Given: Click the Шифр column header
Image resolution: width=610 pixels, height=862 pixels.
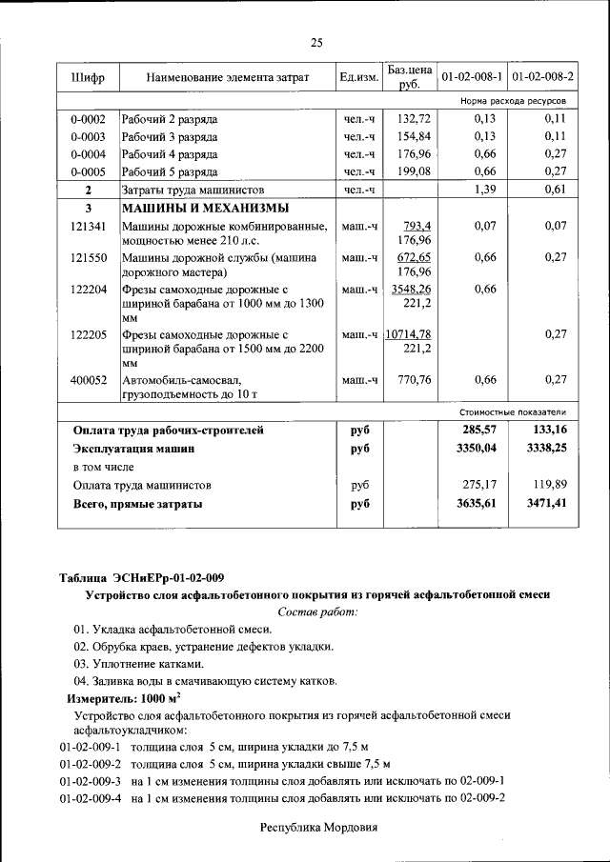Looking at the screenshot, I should coord(88,76).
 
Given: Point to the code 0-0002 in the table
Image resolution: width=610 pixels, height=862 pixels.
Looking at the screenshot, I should coord(88,119).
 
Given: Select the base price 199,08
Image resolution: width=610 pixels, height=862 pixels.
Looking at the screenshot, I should coord(415,171).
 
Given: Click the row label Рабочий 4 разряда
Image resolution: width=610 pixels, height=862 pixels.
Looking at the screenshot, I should coord(170,154).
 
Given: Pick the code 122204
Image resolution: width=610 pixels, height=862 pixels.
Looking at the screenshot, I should coord(88,289).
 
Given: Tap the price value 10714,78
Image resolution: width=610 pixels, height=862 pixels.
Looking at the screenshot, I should coord(409,334).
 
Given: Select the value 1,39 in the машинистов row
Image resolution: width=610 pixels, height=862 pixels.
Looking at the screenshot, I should coord(485,190).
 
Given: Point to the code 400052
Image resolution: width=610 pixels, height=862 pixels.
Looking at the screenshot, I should coord(88,380).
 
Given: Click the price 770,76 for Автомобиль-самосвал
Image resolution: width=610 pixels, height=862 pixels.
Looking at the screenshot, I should coord(415,380).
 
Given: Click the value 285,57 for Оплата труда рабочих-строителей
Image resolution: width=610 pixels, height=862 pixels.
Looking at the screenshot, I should coord(480,430).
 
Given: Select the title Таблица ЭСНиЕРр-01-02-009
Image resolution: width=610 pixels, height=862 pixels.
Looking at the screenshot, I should coord(141,577).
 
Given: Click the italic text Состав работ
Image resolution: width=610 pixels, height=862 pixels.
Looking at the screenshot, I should coord(317,611).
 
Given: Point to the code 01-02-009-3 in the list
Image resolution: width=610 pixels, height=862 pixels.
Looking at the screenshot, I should coord(90,780).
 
